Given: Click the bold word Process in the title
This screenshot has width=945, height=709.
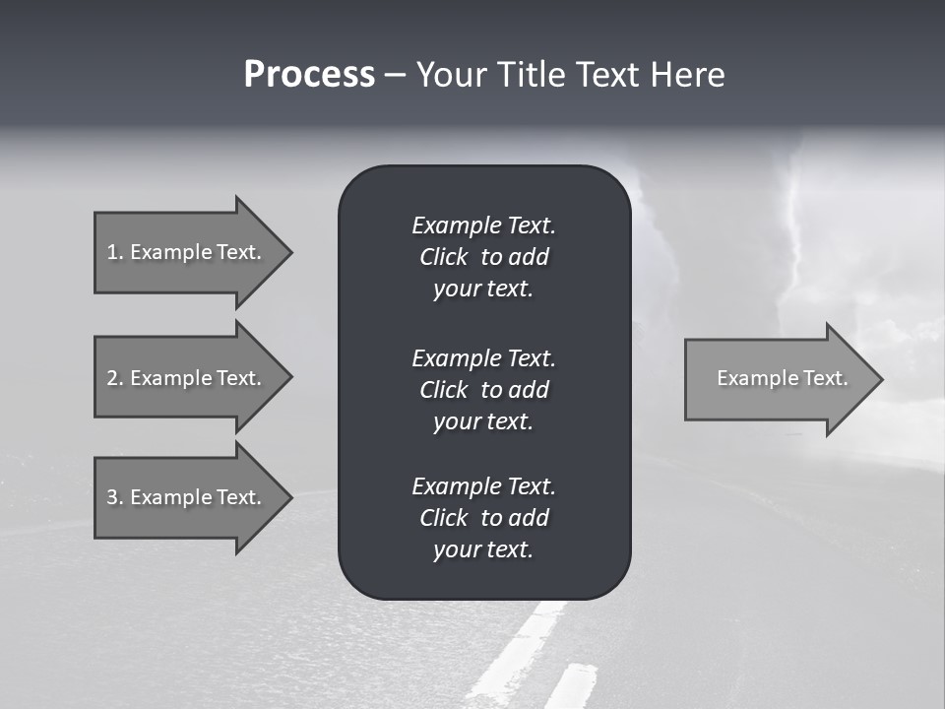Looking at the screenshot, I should tap(309, 75).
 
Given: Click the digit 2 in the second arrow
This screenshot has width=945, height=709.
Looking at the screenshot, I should tap(111, 378).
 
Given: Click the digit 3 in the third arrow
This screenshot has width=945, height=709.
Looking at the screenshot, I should tap(111, 497).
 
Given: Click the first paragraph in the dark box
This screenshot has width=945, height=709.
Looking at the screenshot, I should tap(483, 257).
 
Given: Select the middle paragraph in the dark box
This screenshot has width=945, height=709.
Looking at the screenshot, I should tap(483, 389).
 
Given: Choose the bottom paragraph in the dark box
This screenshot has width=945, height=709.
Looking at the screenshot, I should tap(483, 518).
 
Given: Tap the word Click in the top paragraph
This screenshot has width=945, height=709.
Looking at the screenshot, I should tap(443, 257).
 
